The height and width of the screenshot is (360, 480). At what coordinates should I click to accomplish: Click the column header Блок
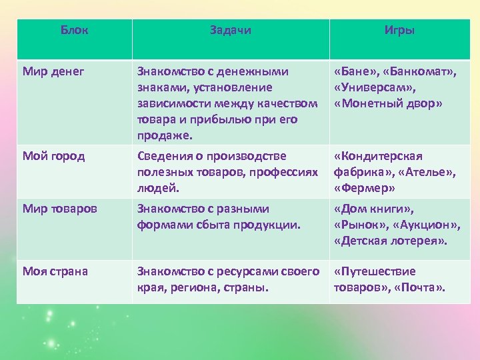pos(74,31)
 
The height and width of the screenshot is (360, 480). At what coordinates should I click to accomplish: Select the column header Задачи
pos(231,31)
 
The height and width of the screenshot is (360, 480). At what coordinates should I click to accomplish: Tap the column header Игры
pos(399,31)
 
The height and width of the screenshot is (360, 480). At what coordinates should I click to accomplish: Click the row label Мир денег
pos(53,71)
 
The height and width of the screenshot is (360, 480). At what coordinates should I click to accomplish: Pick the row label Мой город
pos(54,156)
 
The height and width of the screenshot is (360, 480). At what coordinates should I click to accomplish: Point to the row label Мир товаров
pos(60,209)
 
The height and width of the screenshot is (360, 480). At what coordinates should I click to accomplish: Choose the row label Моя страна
pos(55,271)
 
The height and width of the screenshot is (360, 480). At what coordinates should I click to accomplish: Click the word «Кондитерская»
pos(378,156)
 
